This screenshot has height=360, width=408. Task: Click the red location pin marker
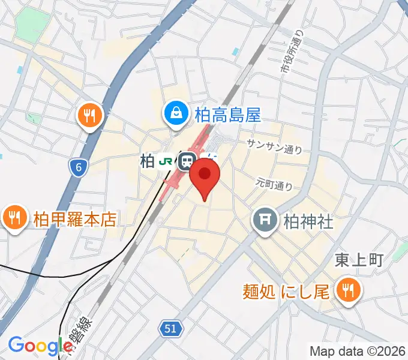(205, 177)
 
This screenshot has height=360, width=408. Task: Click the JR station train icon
(187, 161)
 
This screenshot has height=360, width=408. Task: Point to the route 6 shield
(77, 167)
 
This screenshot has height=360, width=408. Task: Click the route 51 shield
(170, 328)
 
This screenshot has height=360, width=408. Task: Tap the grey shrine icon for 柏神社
(265, 221)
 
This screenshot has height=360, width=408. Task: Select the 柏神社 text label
(308, 221)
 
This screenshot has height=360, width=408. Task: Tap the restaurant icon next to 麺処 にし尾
(346, 291)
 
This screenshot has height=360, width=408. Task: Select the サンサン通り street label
(274, 146)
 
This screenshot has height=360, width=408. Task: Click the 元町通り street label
(274, 182)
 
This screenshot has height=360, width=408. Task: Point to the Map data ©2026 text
(357, 351)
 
